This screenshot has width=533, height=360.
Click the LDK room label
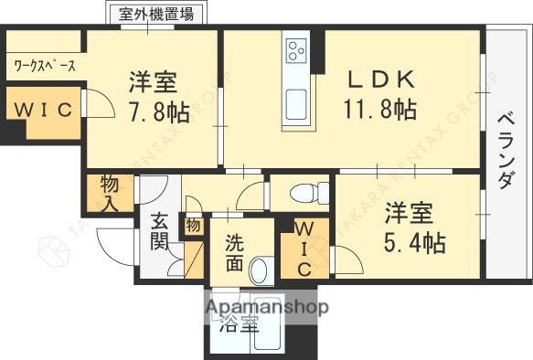point(381,79)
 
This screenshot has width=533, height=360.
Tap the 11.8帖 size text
point(380,111)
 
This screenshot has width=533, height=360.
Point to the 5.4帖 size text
point(415,243)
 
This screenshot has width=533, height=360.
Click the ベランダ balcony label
point(506,151)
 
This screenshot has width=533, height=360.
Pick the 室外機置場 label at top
point(156,14)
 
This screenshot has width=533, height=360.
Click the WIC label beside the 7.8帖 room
point(42,111)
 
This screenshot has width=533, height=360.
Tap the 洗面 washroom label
point(234,254)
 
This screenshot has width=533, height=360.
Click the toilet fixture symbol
point(311,193)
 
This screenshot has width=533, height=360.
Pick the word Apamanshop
point(268,307)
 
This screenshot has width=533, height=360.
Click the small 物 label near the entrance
point(193,224)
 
